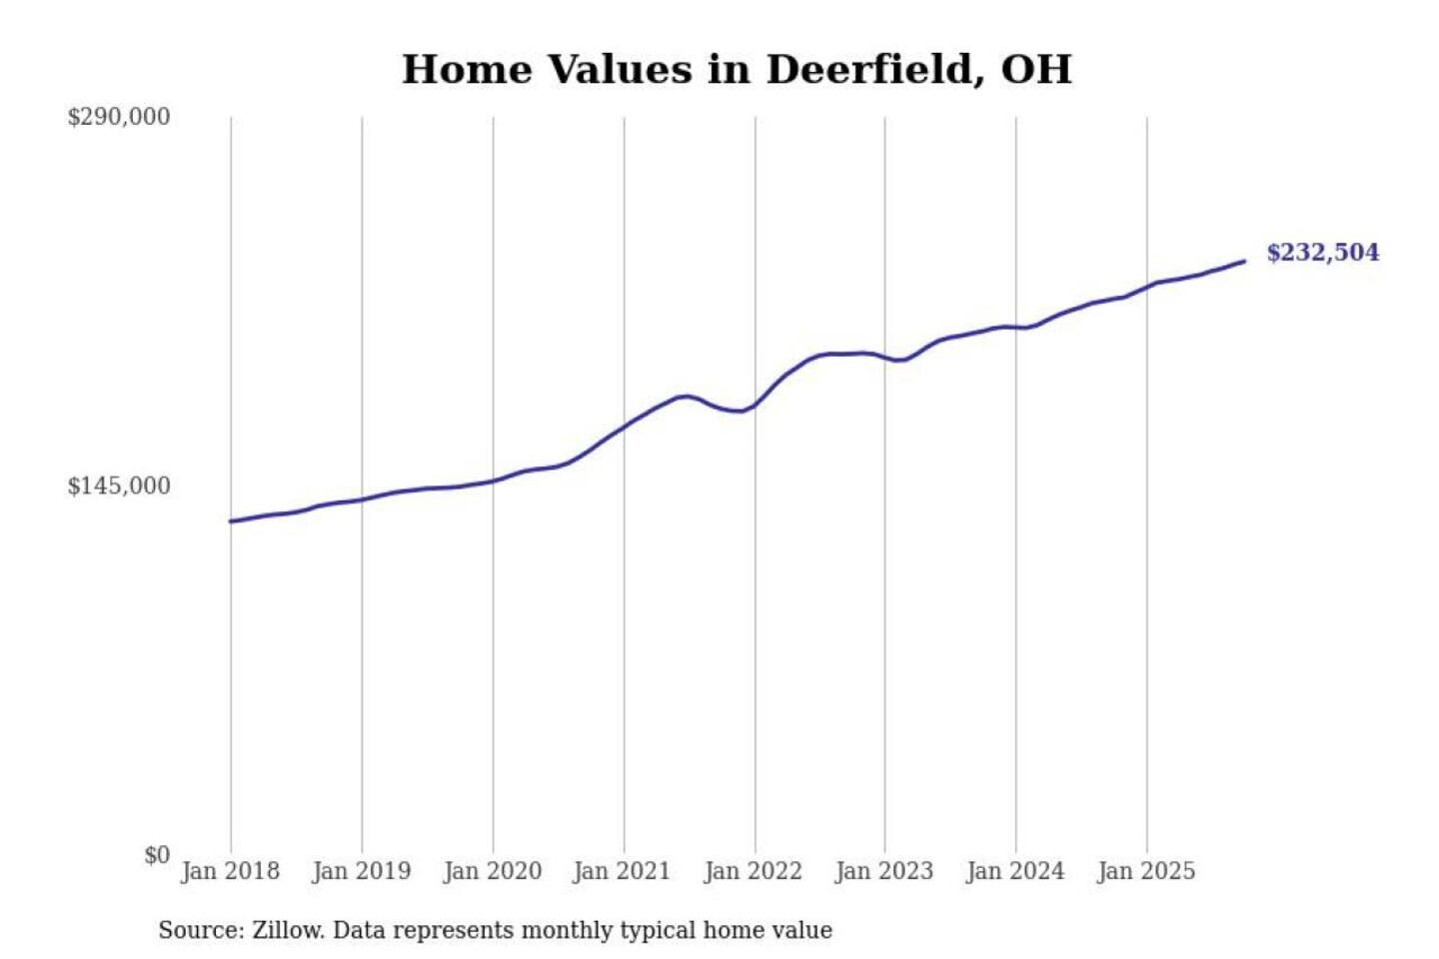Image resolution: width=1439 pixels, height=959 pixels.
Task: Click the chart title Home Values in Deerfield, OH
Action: coord(736,70)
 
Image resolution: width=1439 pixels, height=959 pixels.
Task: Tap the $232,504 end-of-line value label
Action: coord(1322,253)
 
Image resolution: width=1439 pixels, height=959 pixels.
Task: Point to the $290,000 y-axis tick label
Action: coord(119,117)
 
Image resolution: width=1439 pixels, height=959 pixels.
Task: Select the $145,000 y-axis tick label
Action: coord(119,486)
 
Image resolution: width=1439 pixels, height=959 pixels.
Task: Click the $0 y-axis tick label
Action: coord(156,855)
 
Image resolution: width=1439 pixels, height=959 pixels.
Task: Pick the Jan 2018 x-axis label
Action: coord(230,871)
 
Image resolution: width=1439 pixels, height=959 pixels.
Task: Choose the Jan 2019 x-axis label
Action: coord(361,871)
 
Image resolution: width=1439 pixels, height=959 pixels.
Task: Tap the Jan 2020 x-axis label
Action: coord(492,871)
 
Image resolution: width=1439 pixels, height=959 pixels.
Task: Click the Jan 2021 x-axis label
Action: coord(622,871)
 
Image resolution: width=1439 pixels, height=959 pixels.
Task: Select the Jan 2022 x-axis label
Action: coord(752,871)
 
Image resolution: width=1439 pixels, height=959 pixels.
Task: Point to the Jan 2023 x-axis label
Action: coord(883,871)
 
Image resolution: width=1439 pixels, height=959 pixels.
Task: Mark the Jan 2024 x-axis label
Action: coord(1014,871)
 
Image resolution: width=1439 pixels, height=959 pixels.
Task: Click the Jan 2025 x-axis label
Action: coord(1145,871)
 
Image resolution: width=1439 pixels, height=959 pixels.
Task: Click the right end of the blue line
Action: coord(1244,262)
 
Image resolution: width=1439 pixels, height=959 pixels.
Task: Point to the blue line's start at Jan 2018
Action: coord(231,520)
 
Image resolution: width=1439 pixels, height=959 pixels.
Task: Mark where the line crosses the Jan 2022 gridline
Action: coord(755,405)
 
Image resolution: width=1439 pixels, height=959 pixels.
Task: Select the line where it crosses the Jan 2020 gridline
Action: coord(493,480)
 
